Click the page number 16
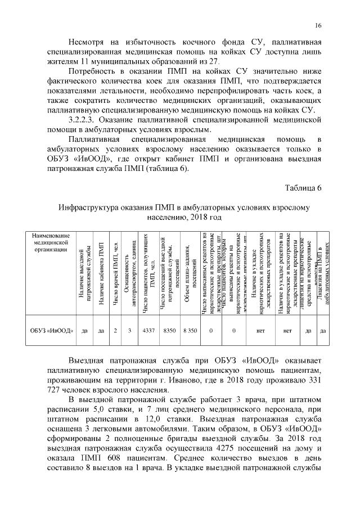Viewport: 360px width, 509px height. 318,26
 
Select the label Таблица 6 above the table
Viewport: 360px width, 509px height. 302,187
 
